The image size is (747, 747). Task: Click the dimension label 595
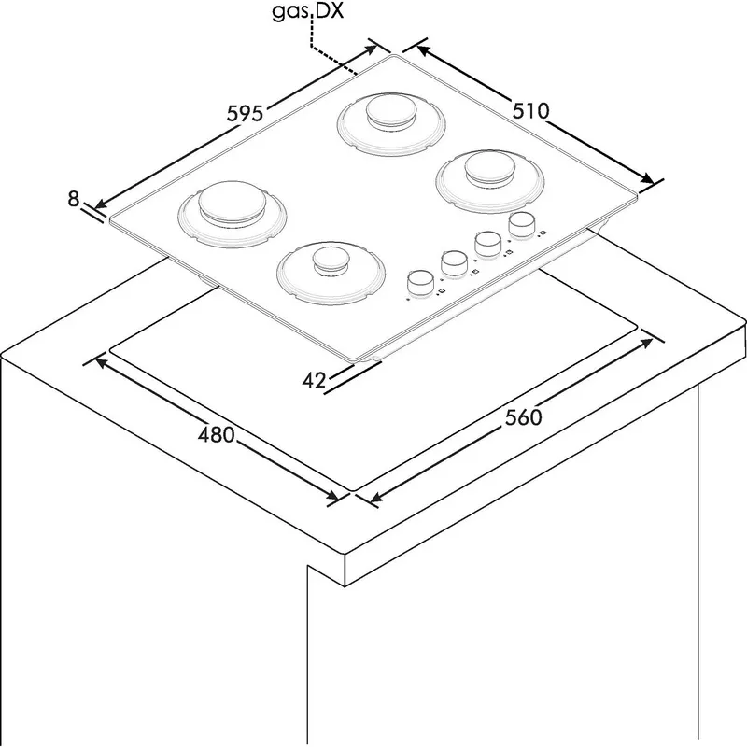click(x=245, y=114)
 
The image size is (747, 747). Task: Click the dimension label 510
click(x=530, y=110)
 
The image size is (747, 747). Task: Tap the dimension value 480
click(x=217, y=434)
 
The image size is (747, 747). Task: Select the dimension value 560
click(x=523, y=417)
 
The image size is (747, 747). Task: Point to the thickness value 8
click(x=73, y=199)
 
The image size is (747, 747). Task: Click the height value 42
click(x=314, y=380)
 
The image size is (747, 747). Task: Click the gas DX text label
click(x=308, y=11)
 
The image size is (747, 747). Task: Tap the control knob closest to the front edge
click(x=419, y=283)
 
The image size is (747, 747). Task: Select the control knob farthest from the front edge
click(x=521, y=224)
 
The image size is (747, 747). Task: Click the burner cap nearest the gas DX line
click(x=390, y=111)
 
